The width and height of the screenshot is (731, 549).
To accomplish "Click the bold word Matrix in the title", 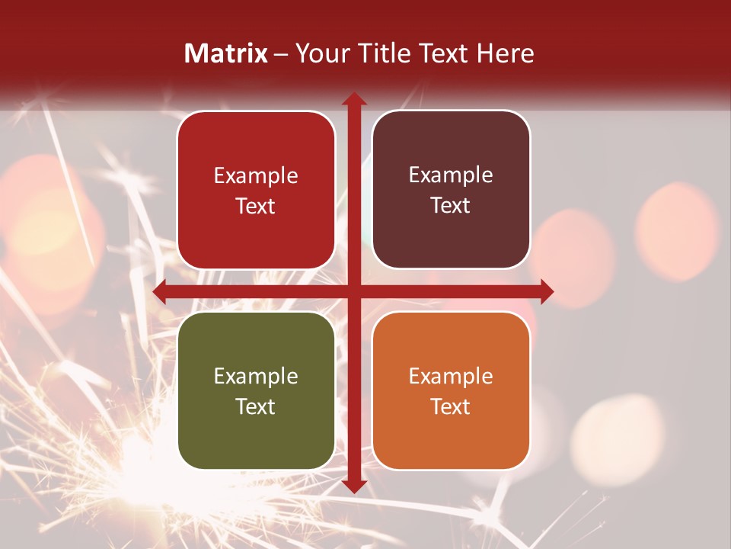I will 226,53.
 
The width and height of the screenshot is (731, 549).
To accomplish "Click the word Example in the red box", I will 256,176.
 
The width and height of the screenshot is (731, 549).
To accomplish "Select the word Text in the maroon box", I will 451,206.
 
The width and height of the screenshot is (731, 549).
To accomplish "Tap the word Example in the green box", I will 256,376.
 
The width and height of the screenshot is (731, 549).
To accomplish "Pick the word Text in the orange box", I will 451,406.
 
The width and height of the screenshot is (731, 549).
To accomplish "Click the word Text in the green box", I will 256,406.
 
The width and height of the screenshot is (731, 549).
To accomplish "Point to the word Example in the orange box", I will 451,376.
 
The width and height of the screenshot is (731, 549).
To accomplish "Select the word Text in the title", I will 444,53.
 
